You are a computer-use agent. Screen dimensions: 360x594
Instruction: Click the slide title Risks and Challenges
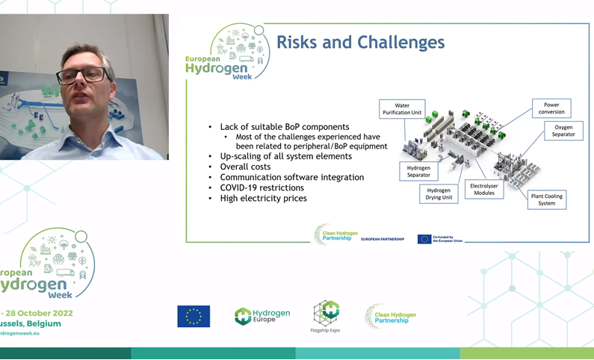coord(360,42)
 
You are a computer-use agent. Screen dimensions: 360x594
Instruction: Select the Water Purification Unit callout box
coord(402,110)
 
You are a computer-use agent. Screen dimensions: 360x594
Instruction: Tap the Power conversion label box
coord(551,109)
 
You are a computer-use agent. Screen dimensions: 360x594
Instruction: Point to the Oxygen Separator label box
coord(563,131)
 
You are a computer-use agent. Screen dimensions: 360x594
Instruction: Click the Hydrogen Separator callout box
coord(418,172)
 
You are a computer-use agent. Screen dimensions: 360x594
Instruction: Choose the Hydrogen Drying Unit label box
coord(439,194)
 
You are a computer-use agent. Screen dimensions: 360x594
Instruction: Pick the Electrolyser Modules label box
coord(484,189)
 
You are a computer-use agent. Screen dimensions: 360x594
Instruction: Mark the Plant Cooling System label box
coord(546,199)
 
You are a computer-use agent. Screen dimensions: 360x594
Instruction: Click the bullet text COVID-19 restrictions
coord(262,188)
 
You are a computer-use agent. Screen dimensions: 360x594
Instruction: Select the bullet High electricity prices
coord(263,199)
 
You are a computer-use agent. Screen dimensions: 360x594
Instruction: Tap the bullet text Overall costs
coord(245,167)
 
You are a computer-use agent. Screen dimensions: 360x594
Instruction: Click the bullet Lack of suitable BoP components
coord(284,128)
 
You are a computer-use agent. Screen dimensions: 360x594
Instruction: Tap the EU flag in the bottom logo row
coord(194,316)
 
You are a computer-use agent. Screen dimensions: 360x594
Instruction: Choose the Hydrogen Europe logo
coord(262,316)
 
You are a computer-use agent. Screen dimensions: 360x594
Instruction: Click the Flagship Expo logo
coord(325,316)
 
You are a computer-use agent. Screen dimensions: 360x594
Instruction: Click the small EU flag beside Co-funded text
coord(424,239)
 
